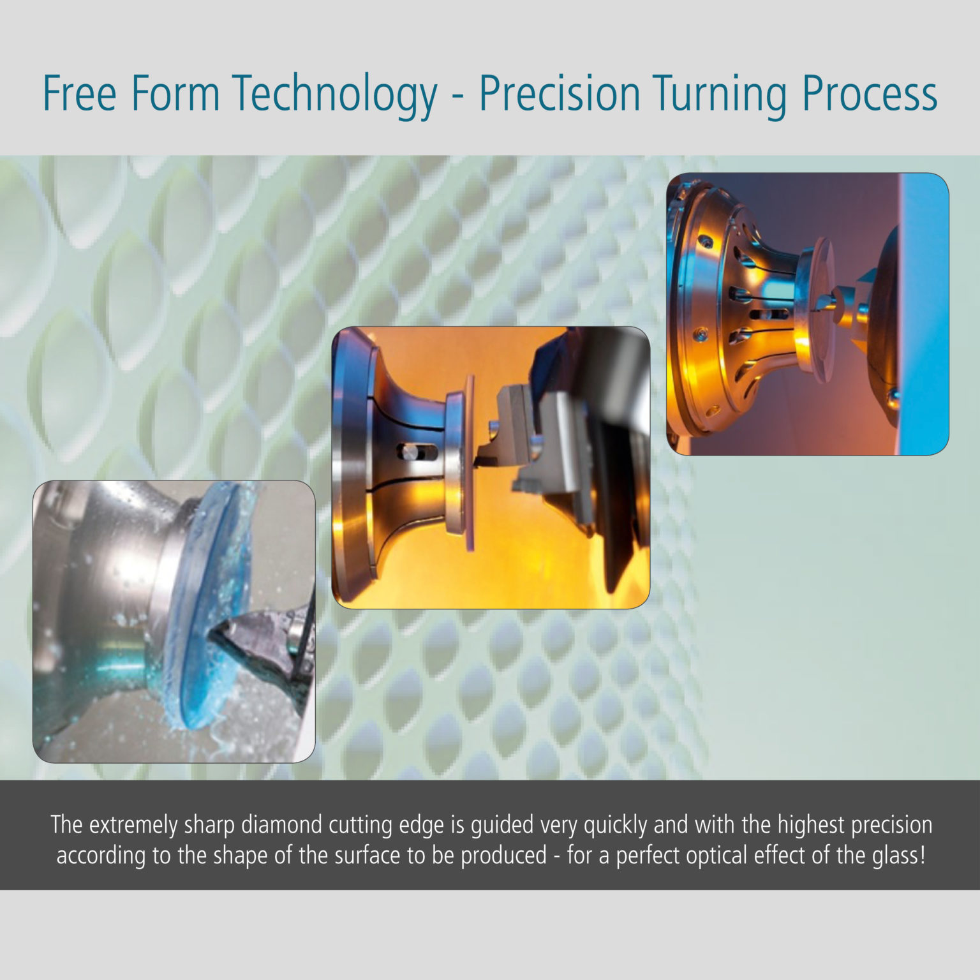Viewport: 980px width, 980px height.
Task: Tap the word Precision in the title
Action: pos(560,94)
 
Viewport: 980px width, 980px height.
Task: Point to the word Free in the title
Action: pos(80,94)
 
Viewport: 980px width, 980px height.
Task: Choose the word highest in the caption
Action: pos(806,824)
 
